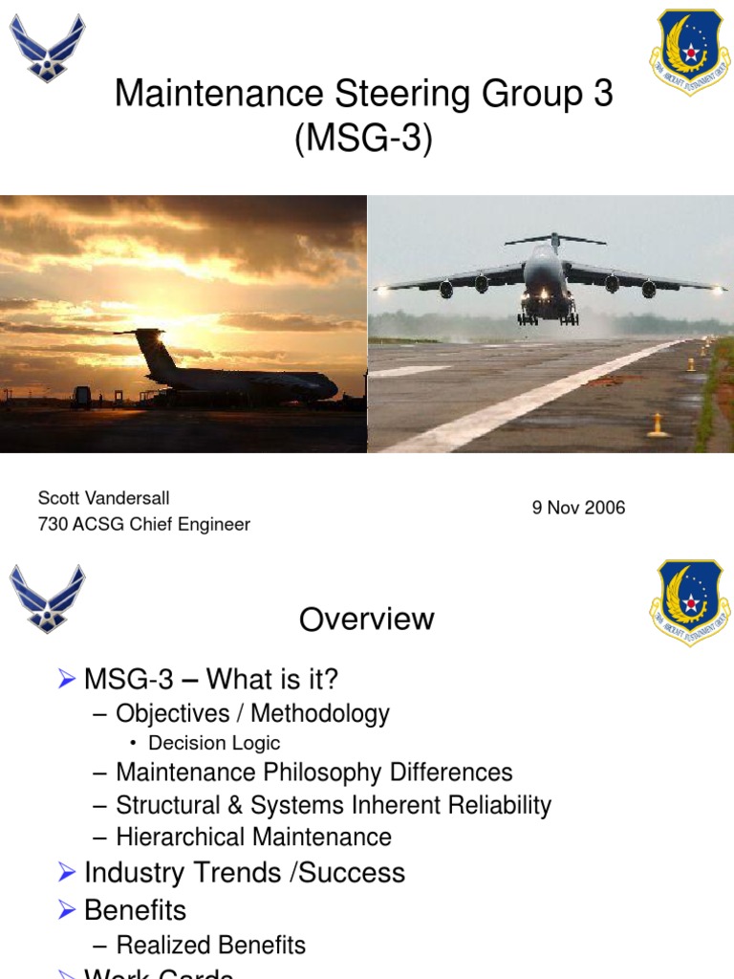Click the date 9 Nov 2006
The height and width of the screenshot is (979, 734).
click(578, 508)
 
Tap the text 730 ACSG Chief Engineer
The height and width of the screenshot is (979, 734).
click(143, 524)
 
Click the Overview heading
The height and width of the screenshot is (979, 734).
click(366, 620)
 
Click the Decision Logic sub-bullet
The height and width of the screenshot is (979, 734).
click(214, 743)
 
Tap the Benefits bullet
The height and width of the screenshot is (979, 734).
click(135, 909)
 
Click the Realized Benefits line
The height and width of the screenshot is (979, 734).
click(210, 945)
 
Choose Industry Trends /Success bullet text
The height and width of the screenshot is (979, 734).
click(244, 872)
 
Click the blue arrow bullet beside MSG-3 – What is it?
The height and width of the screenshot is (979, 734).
click(66, 680)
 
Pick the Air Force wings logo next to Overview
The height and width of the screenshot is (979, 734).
click(47, 599)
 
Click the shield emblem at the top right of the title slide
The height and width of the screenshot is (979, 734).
click(690, 52)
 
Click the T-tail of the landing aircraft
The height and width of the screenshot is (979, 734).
click(554, 238)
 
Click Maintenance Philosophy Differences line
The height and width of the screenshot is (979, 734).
click(313, 772)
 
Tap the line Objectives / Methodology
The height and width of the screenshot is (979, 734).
click(252, 713)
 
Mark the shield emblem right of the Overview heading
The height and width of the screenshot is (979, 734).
click(690, 603)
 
